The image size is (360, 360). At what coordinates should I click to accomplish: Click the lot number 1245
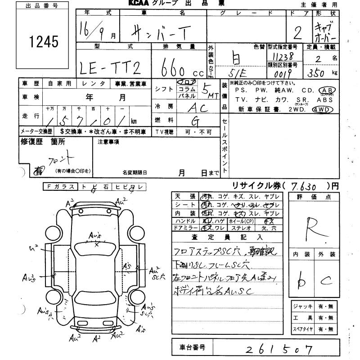[x=44, y=42]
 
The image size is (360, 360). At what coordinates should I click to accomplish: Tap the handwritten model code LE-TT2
[x=111, y=67]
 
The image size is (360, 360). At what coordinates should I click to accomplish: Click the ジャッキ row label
[x=303, y=306]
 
